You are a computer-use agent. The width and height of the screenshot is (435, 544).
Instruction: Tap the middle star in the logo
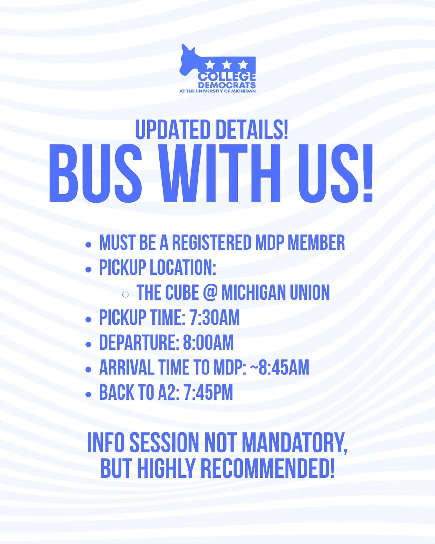coord(227,65)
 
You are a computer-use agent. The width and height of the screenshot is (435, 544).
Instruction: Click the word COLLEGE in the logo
coord(227,77)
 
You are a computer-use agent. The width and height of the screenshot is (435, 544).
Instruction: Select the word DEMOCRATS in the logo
coord(227,85)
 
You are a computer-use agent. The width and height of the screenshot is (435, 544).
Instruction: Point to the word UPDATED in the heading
coord(173,130)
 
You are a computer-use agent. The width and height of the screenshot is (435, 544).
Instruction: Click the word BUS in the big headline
coord(96,174)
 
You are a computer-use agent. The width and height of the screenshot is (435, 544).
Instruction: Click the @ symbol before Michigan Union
coord(210,293)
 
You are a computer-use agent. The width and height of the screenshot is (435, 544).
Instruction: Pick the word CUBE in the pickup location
coord(182,293)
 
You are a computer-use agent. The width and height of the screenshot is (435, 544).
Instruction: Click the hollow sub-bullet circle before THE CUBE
coord(125,294)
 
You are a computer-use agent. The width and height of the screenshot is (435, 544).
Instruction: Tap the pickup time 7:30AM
coord(215,317)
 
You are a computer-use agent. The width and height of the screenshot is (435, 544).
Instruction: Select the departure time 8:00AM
coord(208,342)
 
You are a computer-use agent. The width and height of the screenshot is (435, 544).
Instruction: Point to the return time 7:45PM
coord(208,393)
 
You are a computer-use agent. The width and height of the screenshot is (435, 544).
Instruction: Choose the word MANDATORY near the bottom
coord(294,443)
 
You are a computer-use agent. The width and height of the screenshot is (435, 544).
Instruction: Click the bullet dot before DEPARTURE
coord(89,345)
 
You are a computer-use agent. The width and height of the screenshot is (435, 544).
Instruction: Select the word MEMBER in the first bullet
coord(316,242)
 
